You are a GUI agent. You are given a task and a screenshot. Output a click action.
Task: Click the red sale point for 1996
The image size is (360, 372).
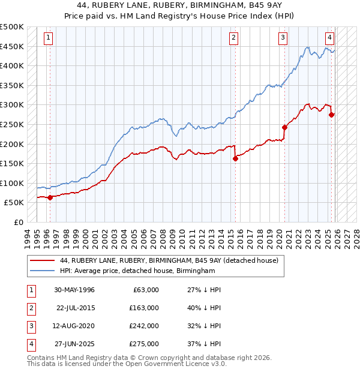(x=50, y=197)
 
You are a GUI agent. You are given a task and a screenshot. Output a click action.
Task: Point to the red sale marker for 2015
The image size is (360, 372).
(x=235, y=158)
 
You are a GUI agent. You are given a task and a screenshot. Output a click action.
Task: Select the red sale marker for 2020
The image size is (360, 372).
(x=284, y=127)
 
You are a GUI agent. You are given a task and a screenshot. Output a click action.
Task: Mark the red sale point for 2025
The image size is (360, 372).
(x=332, y=115)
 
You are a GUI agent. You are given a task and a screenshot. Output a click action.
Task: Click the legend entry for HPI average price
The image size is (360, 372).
(x=137, y=271)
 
